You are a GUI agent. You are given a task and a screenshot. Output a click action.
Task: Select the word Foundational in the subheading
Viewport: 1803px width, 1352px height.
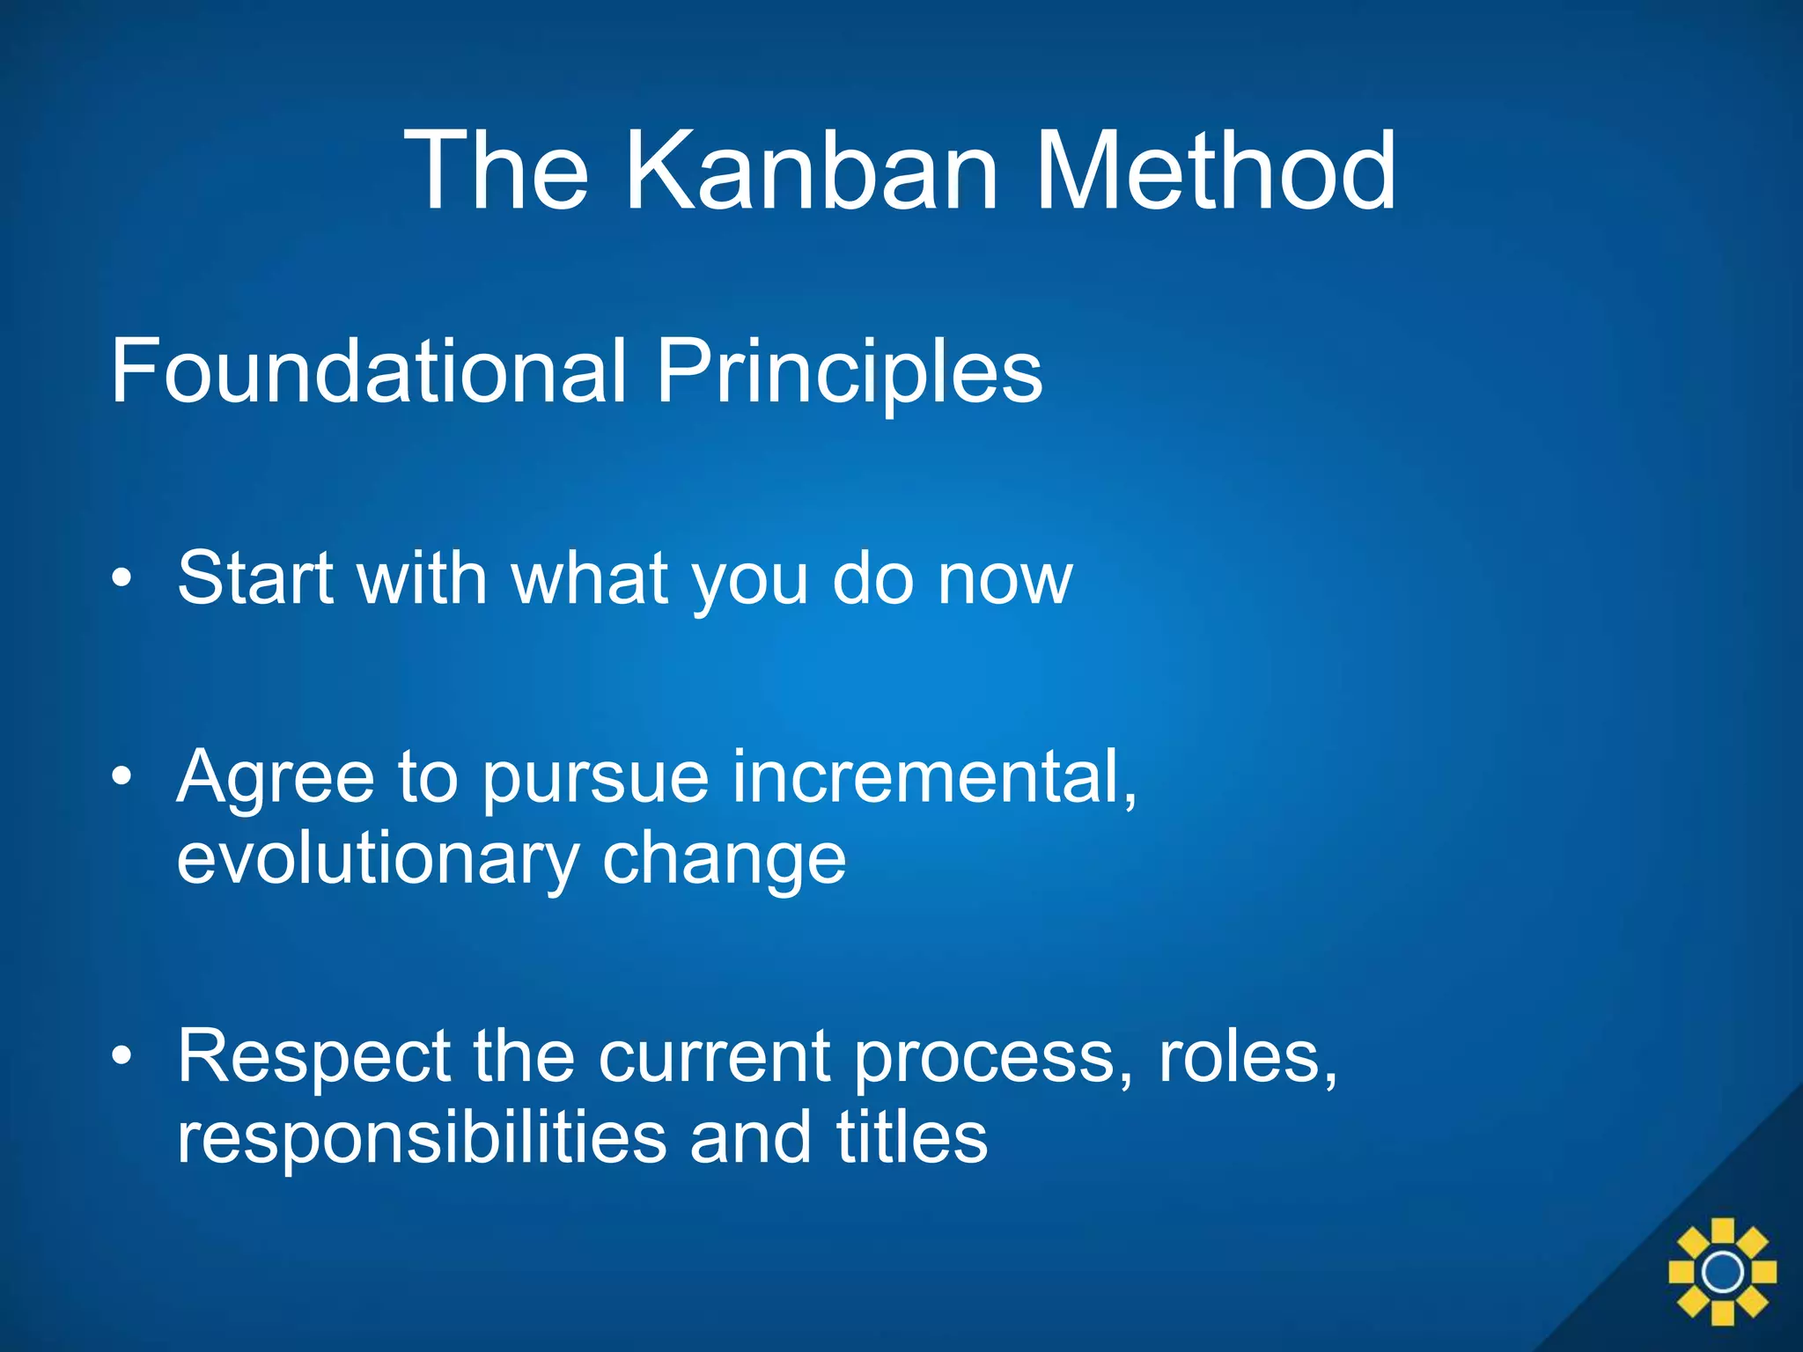[x=368, y=371]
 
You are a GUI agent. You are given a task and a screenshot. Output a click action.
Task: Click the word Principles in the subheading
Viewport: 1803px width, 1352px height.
[x=850, y=371]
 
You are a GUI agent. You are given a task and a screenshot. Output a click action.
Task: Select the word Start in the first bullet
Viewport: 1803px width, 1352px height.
[x=255, y=578]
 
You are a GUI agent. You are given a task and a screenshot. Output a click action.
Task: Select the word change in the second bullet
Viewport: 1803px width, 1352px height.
[x=724, y=858]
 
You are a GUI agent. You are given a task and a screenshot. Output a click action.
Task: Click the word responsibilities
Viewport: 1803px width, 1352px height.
[x=421, y=1137]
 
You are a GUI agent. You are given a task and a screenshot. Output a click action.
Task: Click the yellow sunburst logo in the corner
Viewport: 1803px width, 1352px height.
[x=1722, y=1271]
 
